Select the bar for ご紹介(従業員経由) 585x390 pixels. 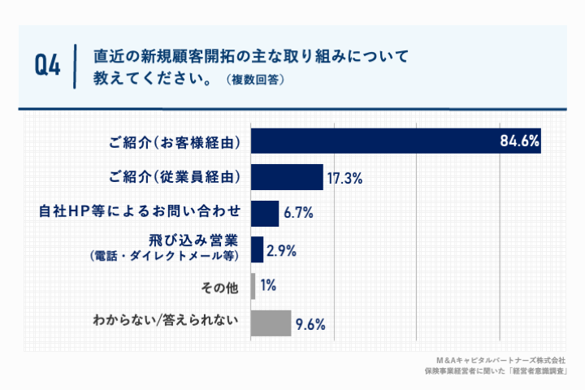[x=287, y=177]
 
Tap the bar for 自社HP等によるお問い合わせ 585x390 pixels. [x=265, y=213]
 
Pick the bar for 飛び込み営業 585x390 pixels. [x=257, y=249]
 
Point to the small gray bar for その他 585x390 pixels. [x=253, y=286]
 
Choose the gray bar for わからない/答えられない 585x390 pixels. [x=271, y=323]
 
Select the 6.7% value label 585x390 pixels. [x=298, y=214]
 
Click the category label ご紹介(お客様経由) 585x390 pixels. [x=175, y=142]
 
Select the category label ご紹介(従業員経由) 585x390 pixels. [x=175, y=177]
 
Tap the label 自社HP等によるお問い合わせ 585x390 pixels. [x=141, y=213]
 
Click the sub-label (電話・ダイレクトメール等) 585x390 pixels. [x=162, y=257]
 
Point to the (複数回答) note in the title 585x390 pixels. [x=255, y=81]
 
